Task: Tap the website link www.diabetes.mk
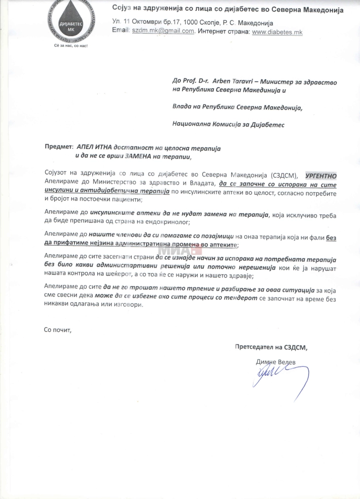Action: [277, 32]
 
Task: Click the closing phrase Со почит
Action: [58, 330]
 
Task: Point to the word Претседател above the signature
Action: [258, 347]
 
